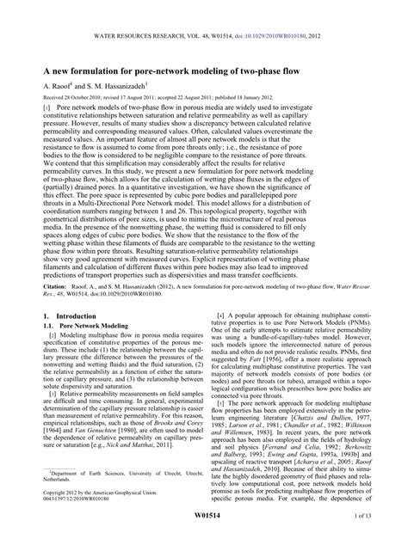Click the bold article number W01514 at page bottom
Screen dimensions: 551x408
pyautogui.click(x=203, y=540)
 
